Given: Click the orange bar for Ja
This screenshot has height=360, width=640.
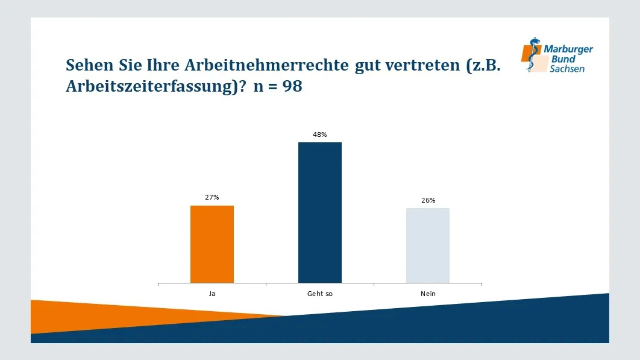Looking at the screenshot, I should [212, 244].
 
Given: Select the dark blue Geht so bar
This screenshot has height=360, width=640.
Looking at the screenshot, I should [320, 212].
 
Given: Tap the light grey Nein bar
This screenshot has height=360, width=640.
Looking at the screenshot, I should [428, 245].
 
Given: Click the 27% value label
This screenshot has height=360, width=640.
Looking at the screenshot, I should [212, 197].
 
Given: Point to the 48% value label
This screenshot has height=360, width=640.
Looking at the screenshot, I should [320, 134].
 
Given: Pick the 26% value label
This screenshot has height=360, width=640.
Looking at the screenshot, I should [428, 200].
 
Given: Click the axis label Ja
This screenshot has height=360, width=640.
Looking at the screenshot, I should [212, 294].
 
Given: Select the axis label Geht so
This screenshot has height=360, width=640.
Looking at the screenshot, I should [320, 294].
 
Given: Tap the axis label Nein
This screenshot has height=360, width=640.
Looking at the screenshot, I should [428, 294].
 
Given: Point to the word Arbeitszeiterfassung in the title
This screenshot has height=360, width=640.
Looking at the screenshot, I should [151, 87].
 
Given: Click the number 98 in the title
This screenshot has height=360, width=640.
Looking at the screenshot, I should [292, 87].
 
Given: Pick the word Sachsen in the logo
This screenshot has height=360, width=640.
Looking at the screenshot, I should [566, 69].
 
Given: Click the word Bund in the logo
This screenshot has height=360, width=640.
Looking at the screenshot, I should [563, 59].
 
